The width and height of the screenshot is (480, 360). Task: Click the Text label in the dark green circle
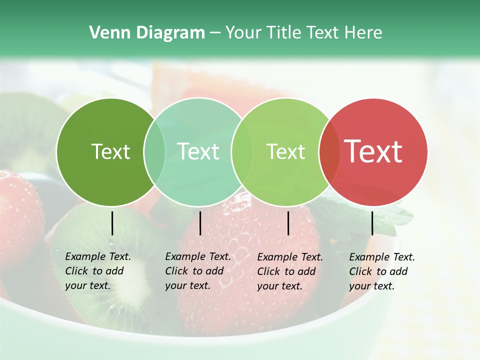coord(110,151)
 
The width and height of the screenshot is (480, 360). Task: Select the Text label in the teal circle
coord(198,151)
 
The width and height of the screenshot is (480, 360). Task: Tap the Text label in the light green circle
coord(285,151)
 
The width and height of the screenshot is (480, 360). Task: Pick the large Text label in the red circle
coord(373,151)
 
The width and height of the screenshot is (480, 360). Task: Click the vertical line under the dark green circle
coord(112,223)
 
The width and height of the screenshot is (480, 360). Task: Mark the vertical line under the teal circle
coord(200,223)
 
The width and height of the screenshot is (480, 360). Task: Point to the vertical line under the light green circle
coord(288,223)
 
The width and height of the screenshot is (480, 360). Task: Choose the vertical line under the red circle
coord(372,223)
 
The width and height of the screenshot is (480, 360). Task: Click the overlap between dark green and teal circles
coord(154,151)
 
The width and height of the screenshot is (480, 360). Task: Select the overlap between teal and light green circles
coord(240,151)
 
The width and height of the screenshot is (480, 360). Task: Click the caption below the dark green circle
coord(98,271)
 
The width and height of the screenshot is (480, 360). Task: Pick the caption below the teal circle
coord(198,271)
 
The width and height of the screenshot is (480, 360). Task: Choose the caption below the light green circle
coord(290,271)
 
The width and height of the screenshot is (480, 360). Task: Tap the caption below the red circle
coord(382,271)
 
